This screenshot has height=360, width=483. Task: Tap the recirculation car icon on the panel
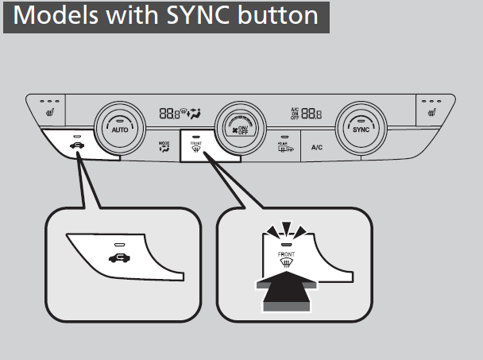pyautogui.click(x=76, y=145)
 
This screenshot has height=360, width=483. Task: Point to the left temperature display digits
pyautogui.click(x=168, y=114)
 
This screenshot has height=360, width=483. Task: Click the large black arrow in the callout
pyautogui.click(x=286, y=292)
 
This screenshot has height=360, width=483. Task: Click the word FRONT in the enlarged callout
pyautogui.click(x=286, y=256)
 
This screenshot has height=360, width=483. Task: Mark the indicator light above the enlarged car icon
pyautogui.click(x=120, y=245)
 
